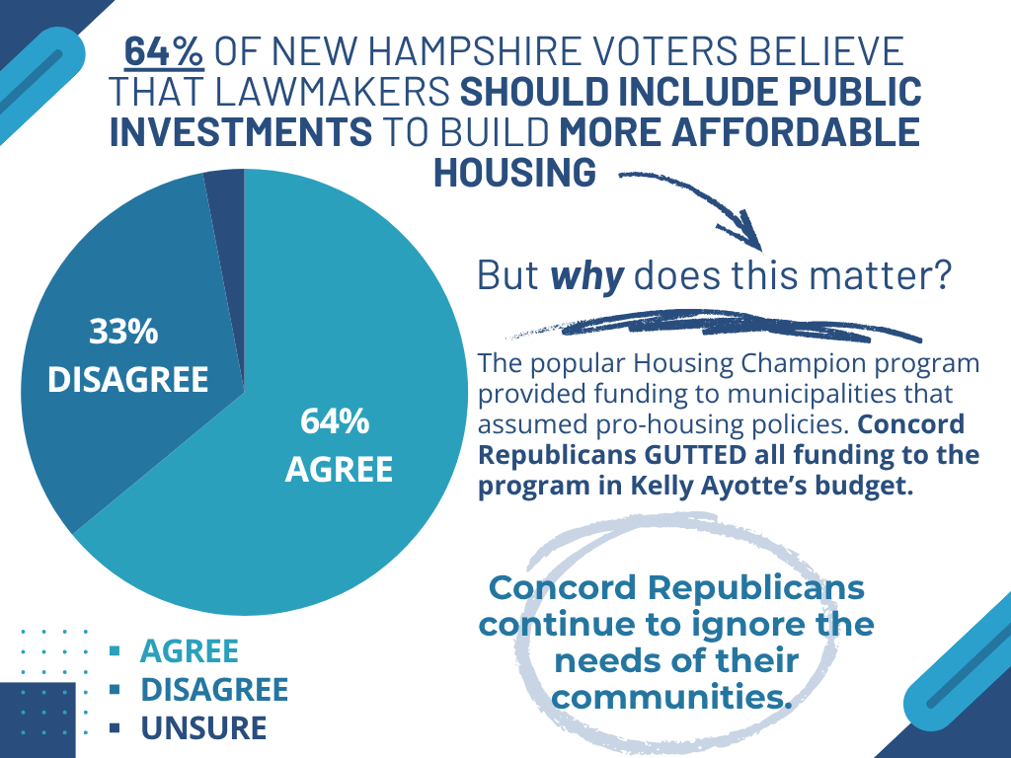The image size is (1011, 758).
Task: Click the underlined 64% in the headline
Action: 164,52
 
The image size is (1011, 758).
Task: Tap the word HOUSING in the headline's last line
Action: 514,172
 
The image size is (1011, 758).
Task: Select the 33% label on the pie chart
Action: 124,333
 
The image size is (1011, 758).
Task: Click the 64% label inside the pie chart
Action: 335,422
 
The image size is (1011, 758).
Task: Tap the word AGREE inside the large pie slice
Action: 339,470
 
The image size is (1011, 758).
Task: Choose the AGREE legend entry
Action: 190,651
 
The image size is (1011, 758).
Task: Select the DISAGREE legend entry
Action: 214,690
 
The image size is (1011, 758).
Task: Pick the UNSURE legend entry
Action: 203,728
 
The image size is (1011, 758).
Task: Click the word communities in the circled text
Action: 672,697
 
